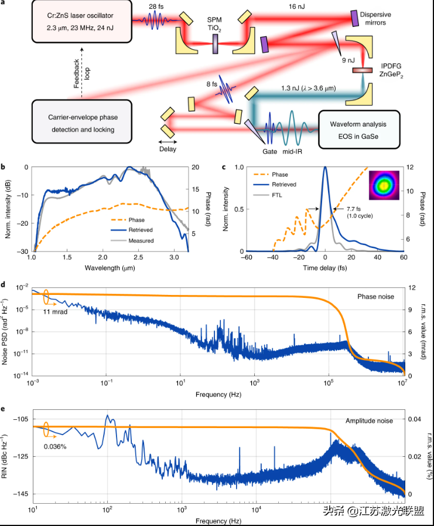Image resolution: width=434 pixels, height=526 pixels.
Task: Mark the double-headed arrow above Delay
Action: pyautogui.click(x=169, y=142)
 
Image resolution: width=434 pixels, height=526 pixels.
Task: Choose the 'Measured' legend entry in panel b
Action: pyautogui.click(x=142, y=240)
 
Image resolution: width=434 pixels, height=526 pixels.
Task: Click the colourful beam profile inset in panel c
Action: pyautogui.click(x=382, y=186)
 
